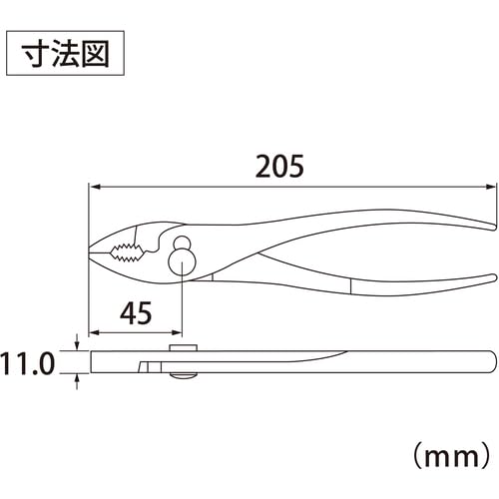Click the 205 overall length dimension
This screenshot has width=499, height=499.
(x=279, y=166)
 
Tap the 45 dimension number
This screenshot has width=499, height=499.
(x=136, y=313)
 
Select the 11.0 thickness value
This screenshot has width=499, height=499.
(x=27, y=364)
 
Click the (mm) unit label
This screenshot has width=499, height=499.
(x=452, y=457)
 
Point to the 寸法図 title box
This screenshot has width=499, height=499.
(x=65, y=53)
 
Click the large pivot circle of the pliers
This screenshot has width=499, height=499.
(x=182, y=261)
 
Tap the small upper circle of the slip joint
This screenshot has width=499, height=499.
(x=182, y=244)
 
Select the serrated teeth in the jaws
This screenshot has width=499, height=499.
(x=127, y=252)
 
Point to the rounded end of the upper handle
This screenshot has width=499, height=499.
(x=494, y=227)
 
